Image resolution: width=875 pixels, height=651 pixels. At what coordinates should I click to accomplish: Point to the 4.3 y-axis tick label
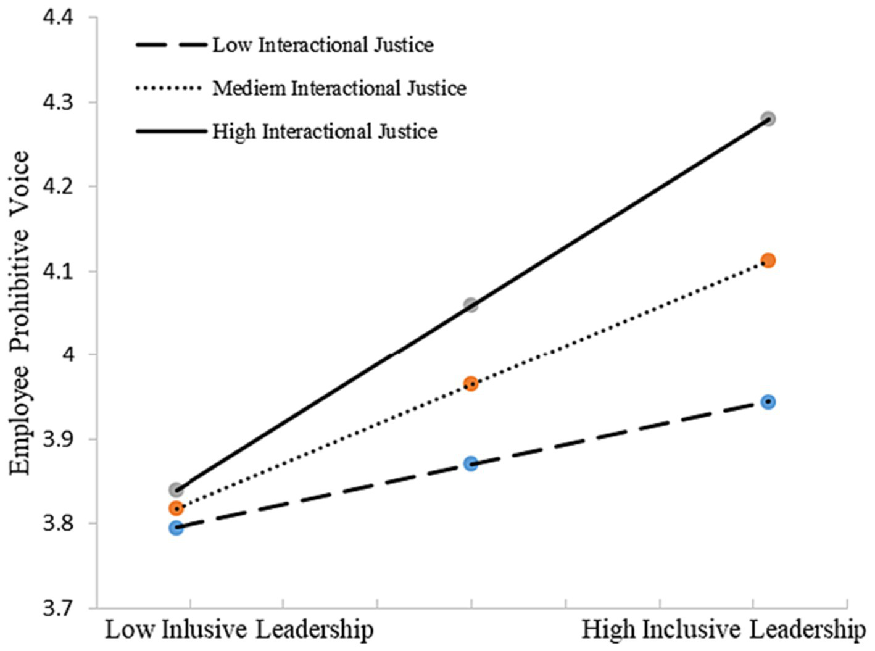pyautogui.click(x=57, y=102)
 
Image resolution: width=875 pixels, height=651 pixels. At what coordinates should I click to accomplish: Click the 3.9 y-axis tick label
pyautogui.click(x=57, y=439)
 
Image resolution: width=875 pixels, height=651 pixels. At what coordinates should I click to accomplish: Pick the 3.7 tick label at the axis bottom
pyautogui.click(x=57, y=608)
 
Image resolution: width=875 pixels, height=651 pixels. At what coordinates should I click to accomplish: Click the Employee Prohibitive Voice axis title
pyautogui.click(x=20, y=313)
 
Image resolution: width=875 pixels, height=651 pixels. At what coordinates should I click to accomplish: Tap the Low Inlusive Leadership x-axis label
pyautogui.click(x=239, y=630)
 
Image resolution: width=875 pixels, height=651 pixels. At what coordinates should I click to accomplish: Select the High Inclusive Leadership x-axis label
pyautogui.click(x=724, y=630)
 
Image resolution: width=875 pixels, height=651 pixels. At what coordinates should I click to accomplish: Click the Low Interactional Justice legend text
pyautogui.click(x=323, y=45)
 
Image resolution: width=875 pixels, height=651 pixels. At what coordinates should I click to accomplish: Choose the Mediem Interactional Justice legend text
pyautogui.click(x=339, y=88)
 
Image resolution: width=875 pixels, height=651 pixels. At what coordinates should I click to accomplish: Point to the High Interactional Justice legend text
pyautogui.click(x=325, y=131)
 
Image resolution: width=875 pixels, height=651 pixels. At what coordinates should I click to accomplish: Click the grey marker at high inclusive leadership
pyautogui.click(x=768, y=118)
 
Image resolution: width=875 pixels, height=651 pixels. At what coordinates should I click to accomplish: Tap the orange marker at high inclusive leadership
pyautogui.click(x=768, y=260)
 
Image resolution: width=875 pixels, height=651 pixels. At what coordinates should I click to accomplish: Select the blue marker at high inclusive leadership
pyautogui.click(x=768, y=402)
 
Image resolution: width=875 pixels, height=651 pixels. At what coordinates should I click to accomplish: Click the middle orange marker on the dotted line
pyautogui.click(x=471, y=384)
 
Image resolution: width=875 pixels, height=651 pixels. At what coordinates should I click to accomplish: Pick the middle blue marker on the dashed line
pyautogui.click(x=471, y=463)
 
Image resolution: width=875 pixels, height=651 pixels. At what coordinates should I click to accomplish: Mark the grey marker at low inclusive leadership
pyautogui.click(x=176, y=490)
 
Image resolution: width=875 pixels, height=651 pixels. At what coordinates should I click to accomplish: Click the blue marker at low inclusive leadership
pyautogui.click(x=176, y=528)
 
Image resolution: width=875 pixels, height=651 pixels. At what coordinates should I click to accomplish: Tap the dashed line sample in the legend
pyautogui.click(x=171, y=45)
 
